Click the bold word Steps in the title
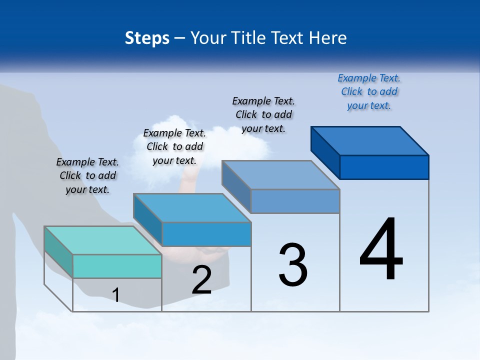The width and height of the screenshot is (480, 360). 147,38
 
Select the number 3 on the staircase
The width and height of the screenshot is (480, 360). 293,265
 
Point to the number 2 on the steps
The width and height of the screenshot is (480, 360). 201,280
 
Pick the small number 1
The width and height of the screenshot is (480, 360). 116,295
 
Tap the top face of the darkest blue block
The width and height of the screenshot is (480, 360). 370,140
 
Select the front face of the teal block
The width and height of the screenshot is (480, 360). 117,266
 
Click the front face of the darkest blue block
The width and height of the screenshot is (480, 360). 384,167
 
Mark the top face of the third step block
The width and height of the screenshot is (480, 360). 281,174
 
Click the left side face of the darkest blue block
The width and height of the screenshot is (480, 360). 325,148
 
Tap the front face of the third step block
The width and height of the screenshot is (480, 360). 295,201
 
